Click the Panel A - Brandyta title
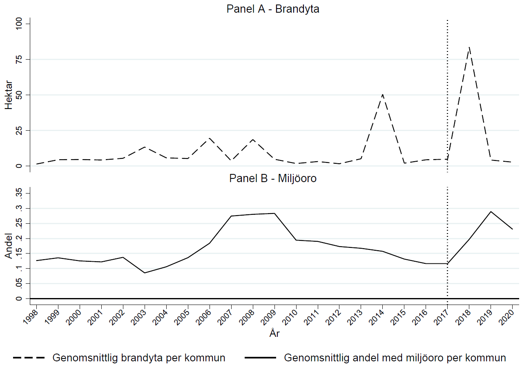coord(273,9)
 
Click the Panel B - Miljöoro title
coord(273,178)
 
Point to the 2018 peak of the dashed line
coord(469,47)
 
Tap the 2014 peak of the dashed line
coord(382,94)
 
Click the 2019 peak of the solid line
coord(491,211)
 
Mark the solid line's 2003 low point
coord(145,273)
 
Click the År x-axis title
coord(274,334)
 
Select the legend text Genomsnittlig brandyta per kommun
coord(139,358)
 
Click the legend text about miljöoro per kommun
coord(395,358)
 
